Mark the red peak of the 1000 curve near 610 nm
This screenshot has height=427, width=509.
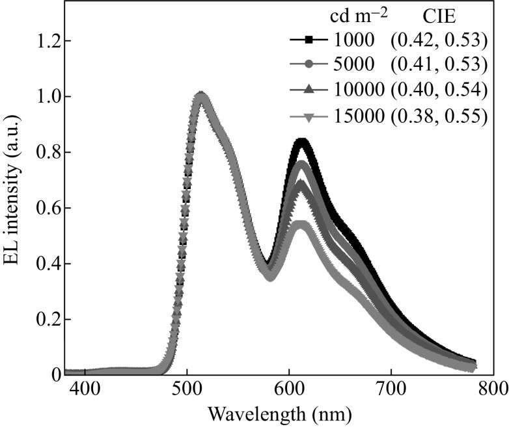pos(301,142)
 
